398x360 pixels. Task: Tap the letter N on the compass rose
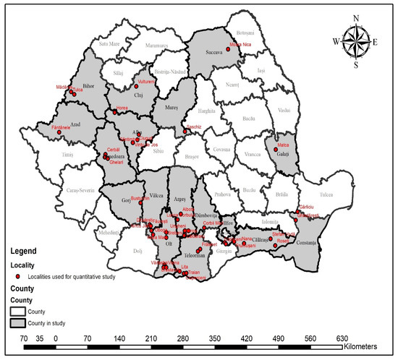tap(355, 20)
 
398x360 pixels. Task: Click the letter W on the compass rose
tap(335, 41)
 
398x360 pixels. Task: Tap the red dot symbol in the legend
tap(18, 275)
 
